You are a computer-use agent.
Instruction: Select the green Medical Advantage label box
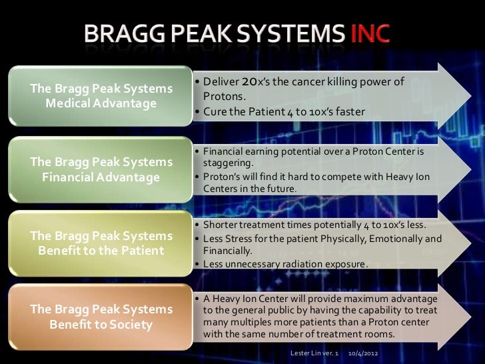[x=101, y=97]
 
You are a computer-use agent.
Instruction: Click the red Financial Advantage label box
[x=101, y=169]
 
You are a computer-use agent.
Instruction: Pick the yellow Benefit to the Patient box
[x=101, y=243]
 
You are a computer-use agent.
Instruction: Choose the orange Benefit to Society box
[x=101, y=317]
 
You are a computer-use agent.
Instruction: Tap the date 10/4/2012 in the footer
[x=364, y=351]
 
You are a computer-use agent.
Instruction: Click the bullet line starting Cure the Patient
[x=284, y=112]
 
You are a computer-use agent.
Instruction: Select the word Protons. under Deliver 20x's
[x=220, y=97]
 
